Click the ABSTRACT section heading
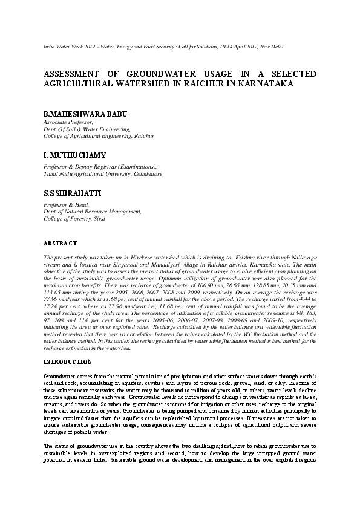point(60,243)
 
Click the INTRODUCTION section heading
point(67,362)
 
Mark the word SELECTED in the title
point(292,74)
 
